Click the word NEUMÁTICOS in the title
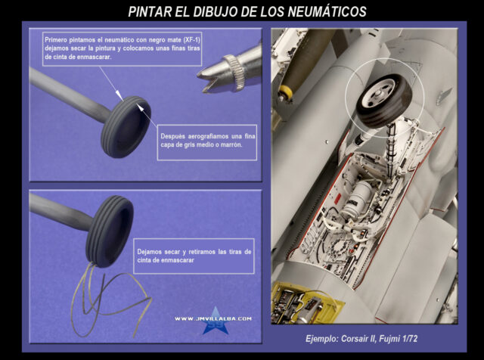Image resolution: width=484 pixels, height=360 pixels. coord(327,12)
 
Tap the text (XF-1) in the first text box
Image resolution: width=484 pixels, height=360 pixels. coord(191,40)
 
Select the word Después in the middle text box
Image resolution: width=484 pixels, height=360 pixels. coord(173,136)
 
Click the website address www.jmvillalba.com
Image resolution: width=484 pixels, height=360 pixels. coord(213,318)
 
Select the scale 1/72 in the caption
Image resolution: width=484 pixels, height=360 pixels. coord(410,339)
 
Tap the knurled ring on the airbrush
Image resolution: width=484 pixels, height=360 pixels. coord(234,72)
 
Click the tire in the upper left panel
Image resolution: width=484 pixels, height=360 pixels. coord(126,127)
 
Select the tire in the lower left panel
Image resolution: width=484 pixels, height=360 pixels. coord(110,231)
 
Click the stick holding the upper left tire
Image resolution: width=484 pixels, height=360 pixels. coord(70,94)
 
